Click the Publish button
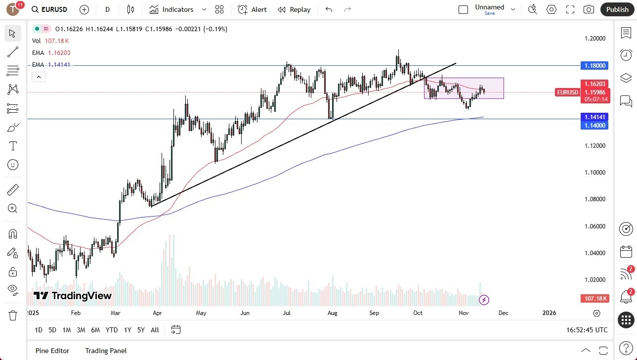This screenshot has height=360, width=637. tap(617, 9)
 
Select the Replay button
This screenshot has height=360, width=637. tap(294, 9)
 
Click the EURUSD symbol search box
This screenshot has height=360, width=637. tap(49, 9)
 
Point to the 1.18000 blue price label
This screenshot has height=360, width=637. tap(595, 65)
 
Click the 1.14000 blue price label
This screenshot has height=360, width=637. tap(595, 126)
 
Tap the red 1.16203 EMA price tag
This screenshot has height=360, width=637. tap(595, 84)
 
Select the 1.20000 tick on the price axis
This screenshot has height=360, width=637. tap(595, 39)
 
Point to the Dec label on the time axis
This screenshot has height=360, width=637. tap(503, 313)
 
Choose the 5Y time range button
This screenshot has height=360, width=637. tap(141, 330)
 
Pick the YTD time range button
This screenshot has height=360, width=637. tap(112, 330)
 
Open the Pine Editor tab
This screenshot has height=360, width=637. tap(52, 351)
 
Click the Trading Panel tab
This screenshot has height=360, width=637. tap(106, 351)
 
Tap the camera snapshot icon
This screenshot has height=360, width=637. tap(589, 9)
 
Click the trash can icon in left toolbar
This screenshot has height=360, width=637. tap(13, 315)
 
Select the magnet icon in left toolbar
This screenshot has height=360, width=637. tap(13, 233)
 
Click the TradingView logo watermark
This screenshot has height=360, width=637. tap(73, 296)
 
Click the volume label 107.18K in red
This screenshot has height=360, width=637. tap(595, 298)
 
